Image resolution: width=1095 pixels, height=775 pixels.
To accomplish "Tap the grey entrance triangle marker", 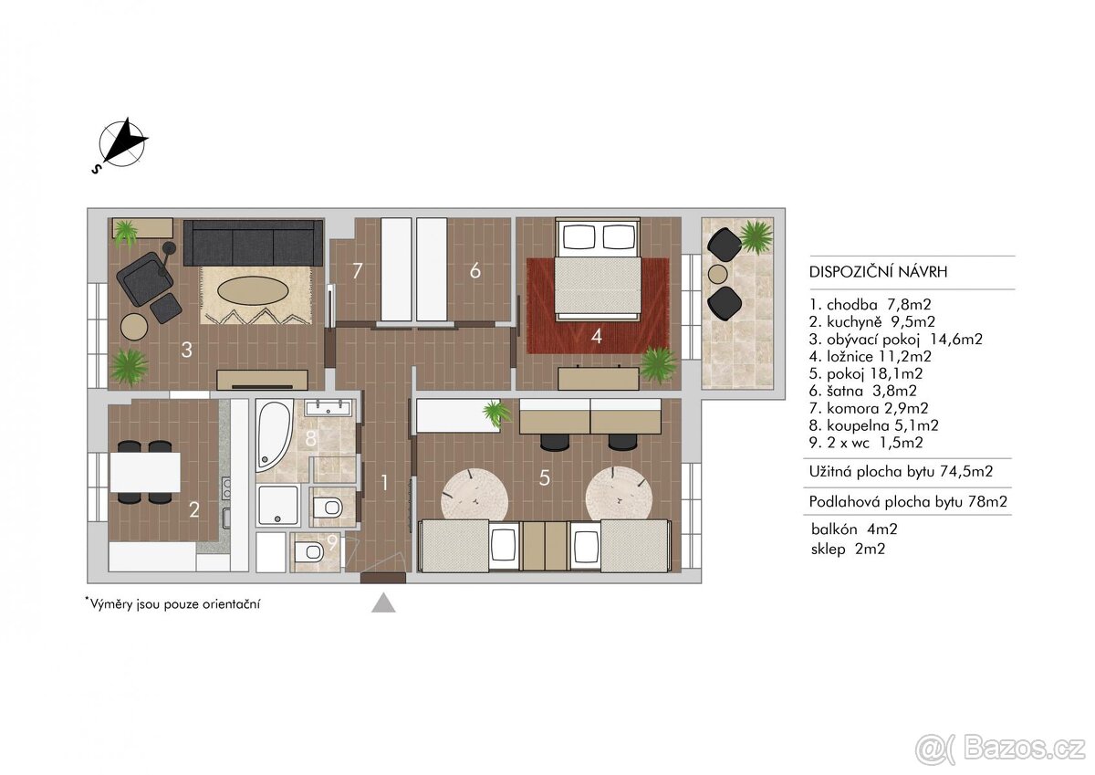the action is point(383,602).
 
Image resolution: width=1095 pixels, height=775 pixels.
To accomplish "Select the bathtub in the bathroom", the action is point(274,436).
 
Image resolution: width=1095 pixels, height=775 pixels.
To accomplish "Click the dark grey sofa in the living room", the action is point(253,243).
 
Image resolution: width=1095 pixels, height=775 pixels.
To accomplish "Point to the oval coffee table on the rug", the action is point(252,292).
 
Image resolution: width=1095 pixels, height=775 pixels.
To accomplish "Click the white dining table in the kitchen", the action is point(145,472).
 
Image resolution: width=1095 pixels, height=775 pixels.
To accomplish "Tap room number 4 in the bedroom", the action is point(596,336).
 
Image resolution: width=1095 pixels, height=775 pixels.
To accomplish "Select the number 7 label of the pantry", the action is point(358,270).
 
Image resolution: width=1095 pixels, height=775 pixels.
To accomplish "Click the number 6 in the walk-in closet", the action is point(474,270).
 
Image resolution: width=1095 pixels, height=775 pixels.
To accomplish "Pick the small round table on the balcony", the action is point(717,273).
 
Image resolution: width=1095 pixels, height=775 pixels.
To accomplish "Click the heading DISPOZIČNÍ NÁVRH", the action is point(878,272).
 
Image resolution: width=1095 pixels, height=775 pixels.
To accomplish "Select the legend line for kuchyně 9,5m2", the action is point(872,321).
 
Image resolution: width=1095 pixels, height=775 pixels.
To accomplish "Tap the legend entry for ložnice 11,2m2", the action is point(871,356).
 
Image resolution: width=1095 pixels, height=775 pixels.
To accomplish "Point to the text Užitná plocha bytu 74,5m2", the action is point(901,471).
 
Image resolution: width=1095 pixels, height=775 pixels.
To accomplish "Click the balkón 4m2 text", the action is point(854,529).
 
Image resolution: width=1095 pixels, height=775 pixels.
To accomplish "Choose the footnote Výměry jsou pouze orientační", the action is point(172,603).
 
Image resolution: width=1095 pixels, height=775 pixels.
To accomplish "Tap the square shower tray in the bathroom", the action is point(277,505).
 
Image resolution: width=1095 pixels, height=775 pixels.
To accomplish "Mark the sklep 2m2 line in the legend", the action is point(848,549).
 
